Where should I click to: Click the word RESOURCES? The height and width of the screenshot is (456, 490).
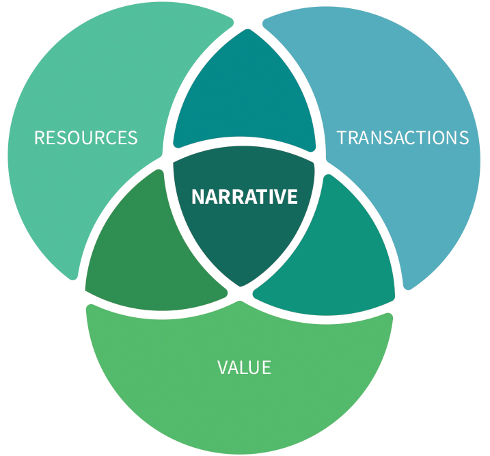click(86, 137)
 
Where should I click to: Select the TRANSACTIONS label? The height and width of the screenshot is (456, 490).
click(403, 137)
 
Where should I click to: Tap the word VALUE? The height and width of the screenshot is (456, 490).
click(244, 368)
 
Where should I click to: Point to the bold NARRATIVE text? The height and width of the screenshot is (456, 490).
click(245, 197)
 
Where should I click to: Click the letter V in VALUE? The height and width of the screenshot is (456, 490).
click(223, 368)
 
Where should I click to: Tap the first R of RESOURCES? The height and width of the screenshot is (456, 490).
click(40, 137)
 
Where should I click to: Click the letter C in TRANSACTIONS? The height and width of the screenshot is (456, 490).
click(420, 137)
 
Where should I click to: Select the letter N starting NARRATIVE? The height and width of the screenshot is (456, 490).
click(197, 197)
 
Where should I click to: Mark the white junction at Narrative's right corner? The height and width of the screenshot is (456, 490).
click(320, 162)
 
